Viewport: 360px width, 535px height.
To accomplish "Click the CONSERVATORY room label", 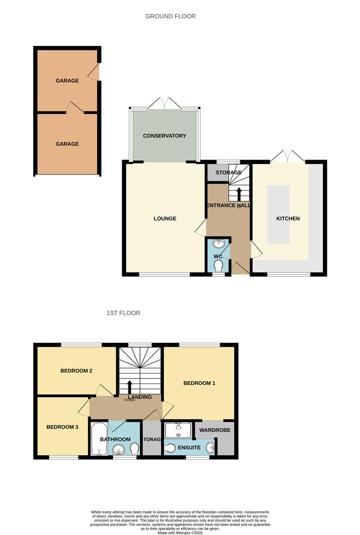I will (x=164, y=136).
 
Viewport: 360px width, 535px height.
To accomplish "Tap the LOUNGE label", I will (x=165, y=218).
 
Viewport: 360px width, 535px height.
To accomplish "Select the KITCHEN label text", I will (x=288, y=218).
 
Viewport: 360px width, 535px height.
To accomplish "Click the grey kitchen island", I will (x=278, y=214).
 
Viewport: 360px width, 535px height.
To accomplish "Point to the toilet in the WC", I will (x=218, y=267).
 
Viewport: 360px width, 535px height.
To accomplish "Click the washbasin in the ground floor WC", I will (x=219, y=243).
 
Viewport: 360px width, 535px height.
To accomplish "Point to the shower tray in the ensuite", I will (x=178, y=429).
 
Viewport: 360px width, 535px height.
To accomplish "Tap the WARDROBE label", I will (x=215, y=430).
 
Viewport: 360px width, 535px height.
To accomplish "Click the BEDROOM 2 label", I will (x=77, y=371).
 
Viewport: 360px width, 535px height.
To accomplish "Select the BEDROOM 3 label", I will (x=62, y=427).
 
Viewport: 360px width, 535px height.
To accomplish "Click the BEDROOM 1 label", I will (x=199, y=383).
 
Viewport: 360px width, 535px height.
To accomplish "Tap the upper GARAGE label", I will (x=67, y=81).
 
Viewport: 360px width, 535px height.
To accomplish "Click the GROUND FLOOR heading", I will (x=170, y=16).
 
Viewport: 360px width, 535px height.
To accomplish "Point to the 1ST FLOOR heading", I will (x=123, y=313).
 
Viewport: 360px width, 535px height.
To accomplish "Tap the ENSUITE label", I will (x=189, y=447).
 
